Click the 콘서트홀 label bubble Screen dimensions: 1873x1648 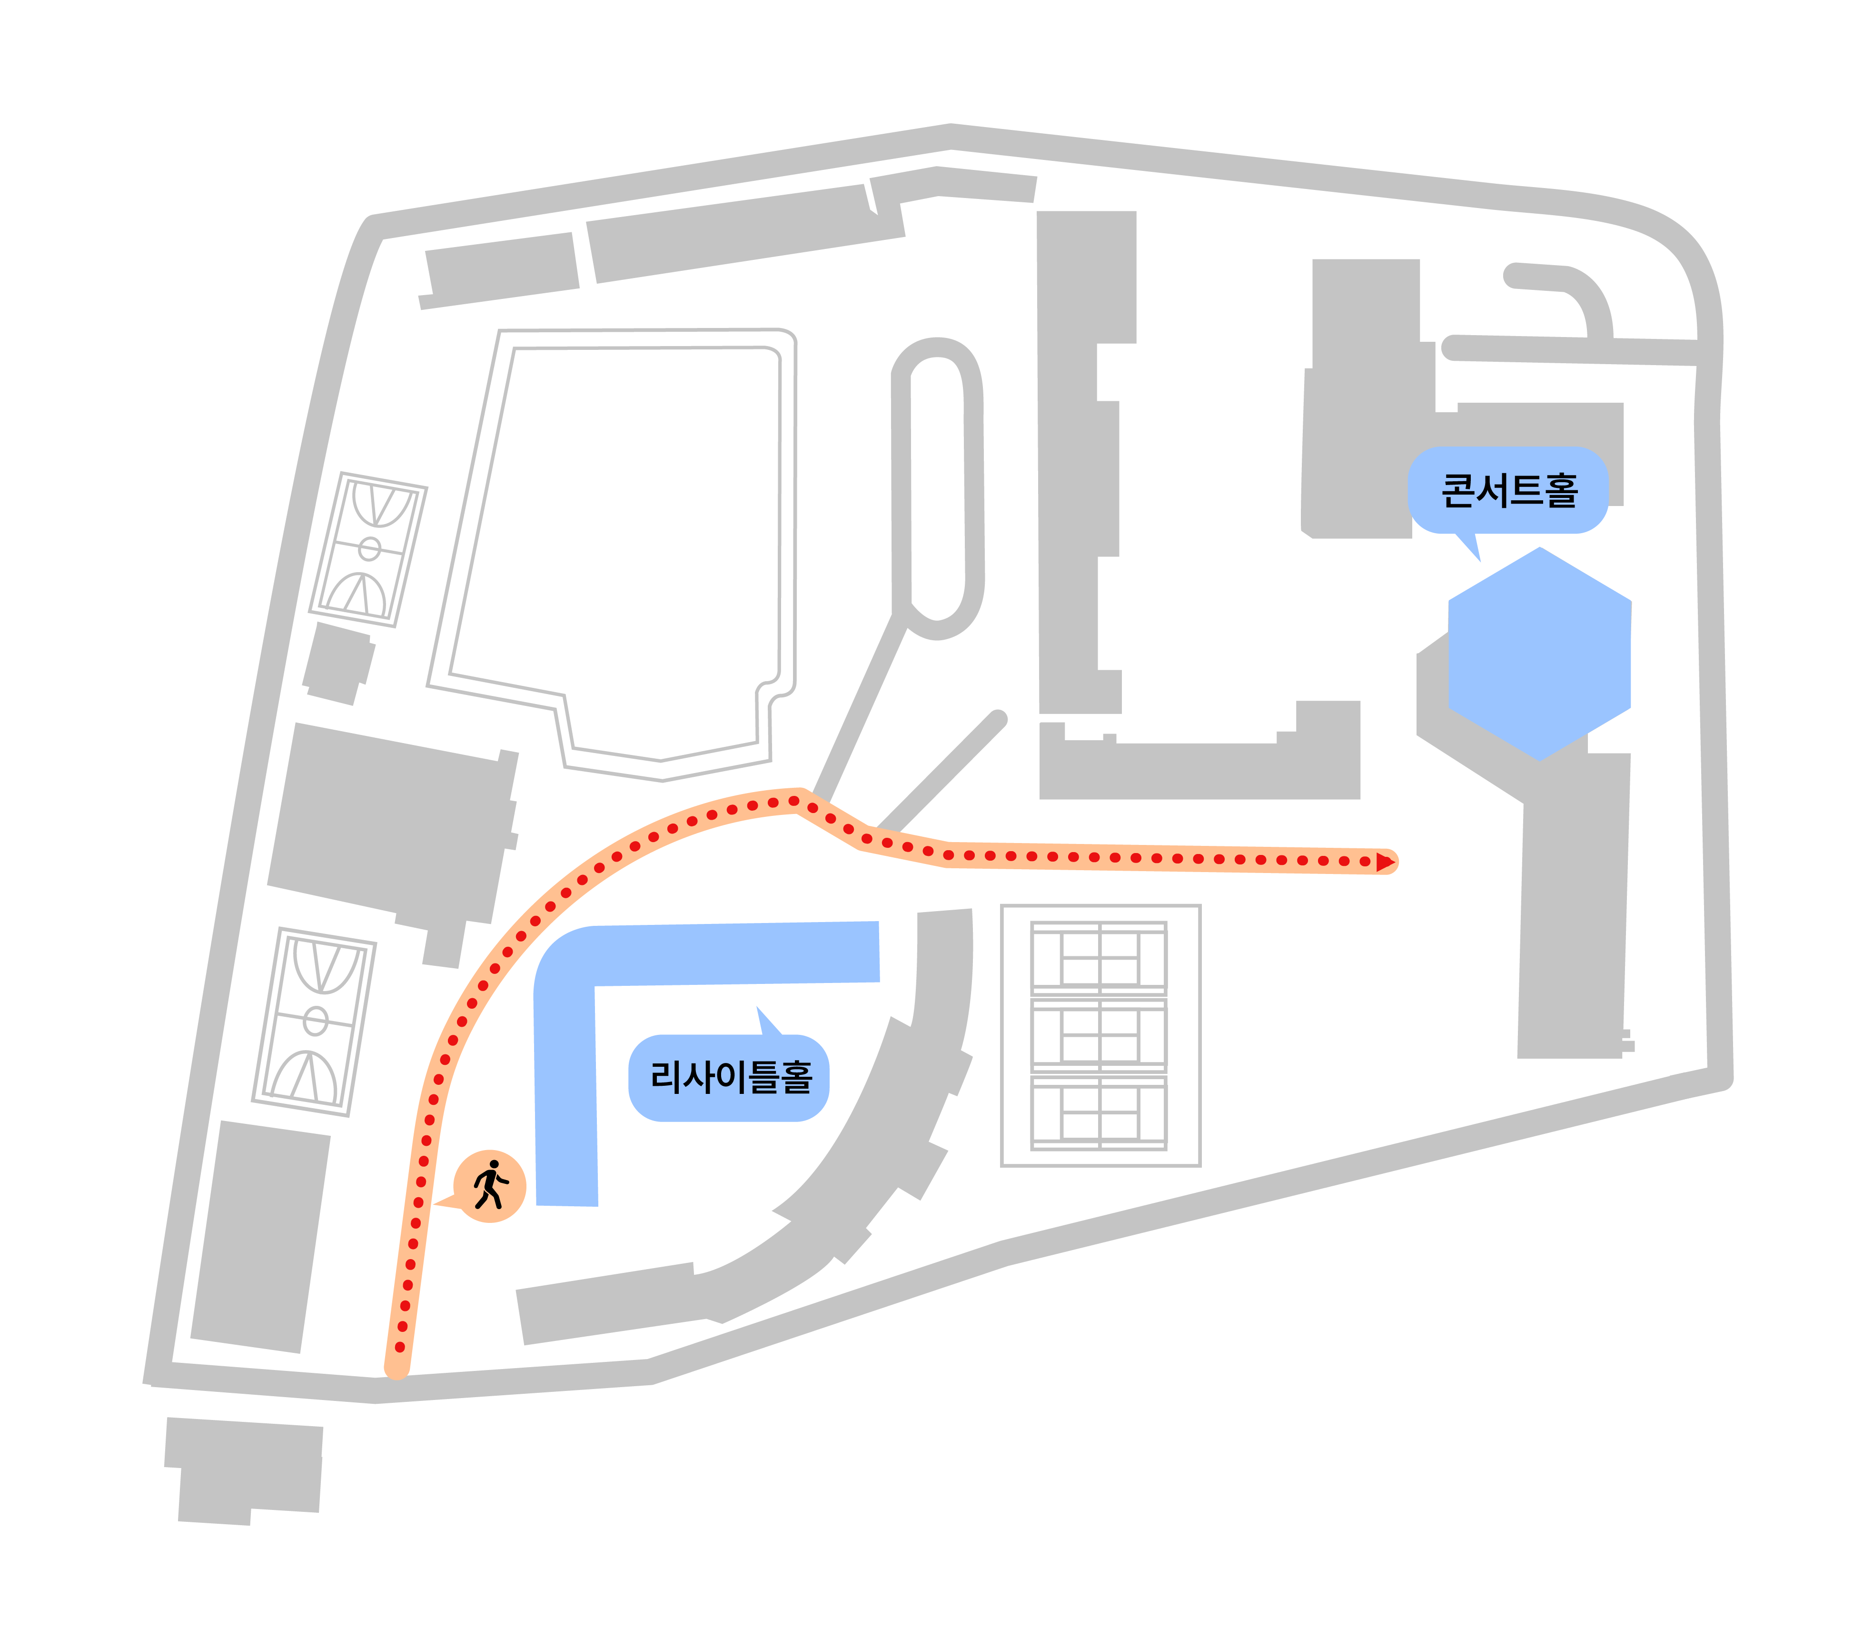1507,490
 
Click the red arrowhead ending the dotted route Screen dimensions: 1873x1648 1385,862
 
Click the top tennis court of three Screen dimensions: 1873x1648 1099,958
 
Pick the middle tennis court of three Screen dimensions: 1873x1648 1099,1035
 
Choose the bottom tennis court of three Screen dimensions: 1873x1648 1099,1113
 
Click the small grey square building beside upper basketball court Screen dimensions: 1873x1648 339,664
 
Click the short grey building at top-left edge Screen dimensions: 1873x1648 499,270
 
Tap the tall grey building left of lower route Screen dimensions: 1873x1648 260,1236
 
